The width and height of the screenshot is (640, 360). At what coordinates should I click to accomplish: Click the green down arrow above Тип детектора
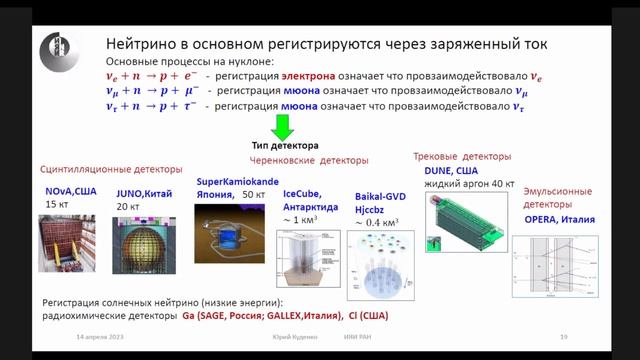point(283,127)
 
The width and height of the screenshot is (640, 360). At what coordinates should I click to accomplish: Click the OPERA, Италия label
point(559,219)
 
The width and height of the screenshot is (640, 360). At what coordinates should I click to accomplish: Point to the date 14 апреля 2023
point(100,338)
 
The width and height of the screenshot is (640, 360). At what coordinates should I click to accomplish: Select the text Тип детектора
point(278,145)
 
